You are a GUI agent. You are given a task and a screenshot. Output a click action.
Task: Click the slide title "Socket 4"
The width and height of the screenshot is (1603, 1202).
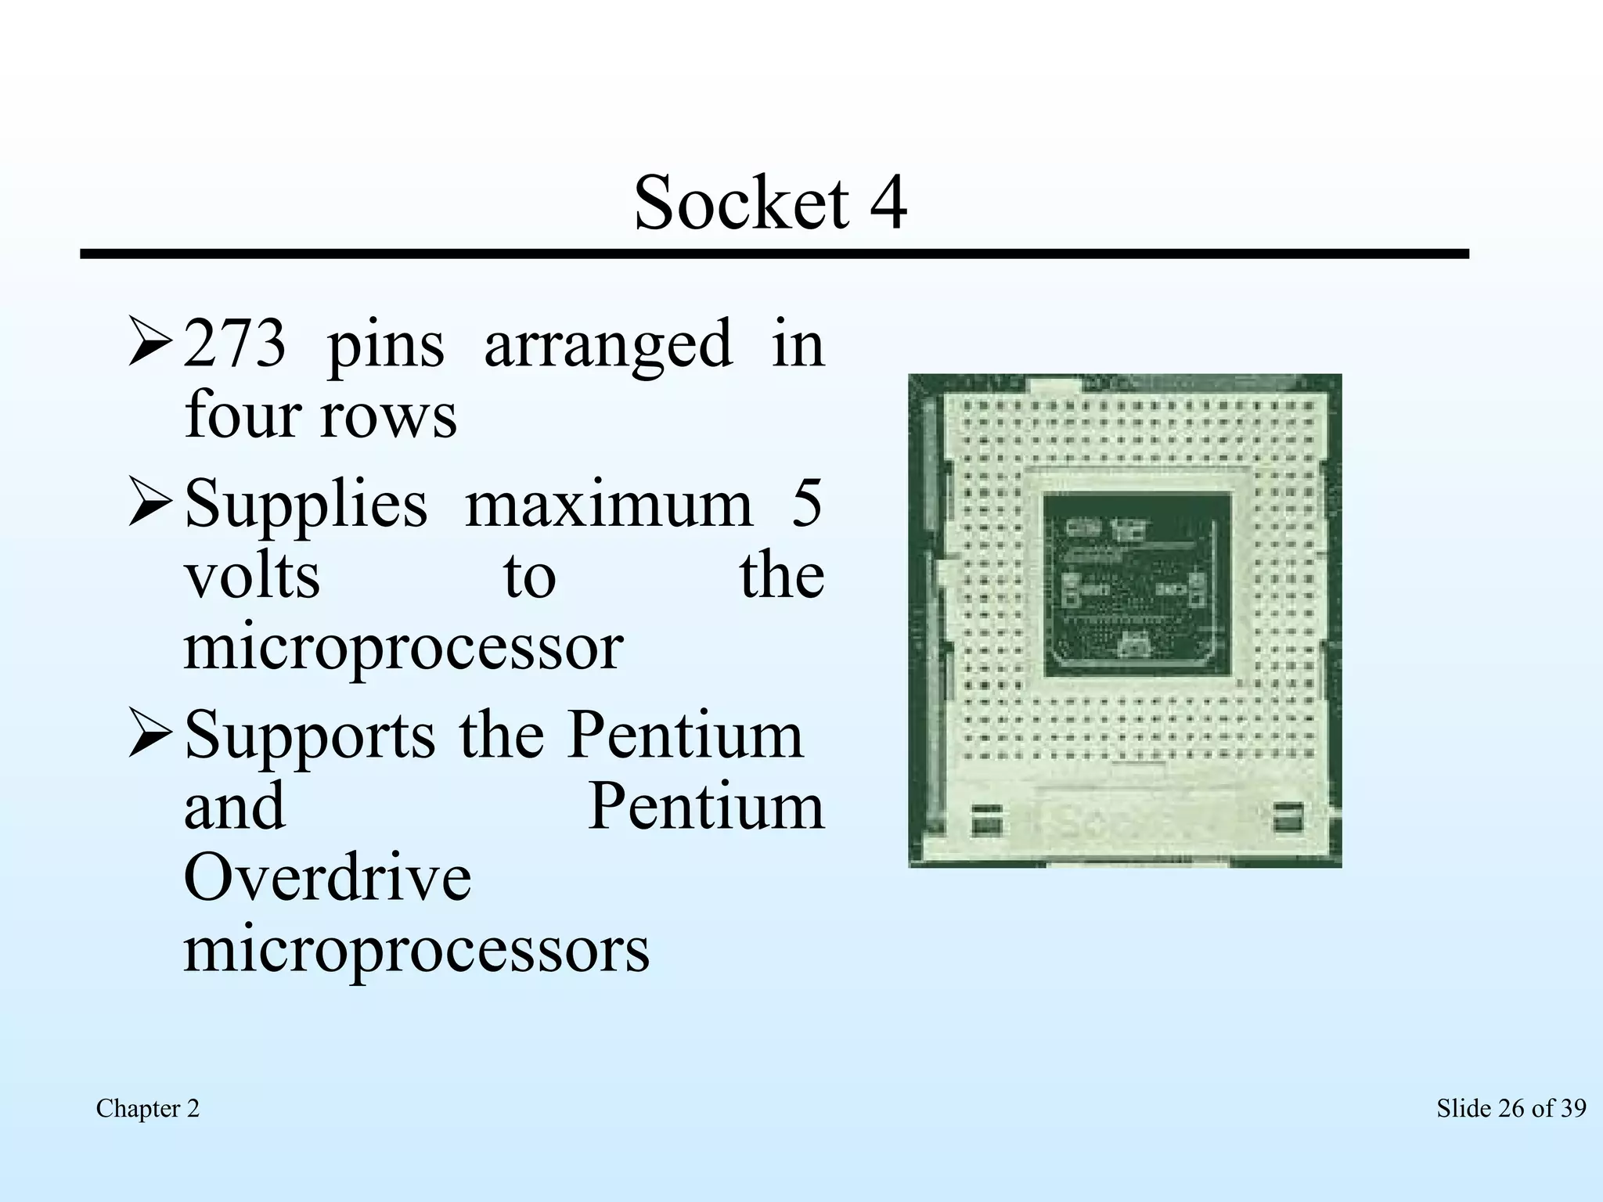pyautogui.click(x=770, y=203)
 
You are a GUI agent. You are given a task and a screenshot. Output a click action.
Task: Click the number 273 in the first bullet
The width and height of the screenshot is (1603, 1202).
pyautogui.click(x=234, y=344)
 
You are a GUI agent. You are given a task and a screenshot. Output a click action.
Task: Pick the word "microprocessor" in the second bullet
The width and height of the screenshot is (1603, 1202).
pyautogui.click(x=403, y=650)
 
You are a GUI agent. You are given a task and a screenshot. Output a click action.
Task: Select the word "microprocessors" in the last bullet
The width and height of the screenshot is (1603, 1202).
pyautogui.click(x=416, y=950)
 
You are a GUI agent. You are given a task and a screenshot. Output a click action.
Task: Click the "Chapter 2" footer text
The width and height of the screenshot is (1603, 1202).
pyautogui.click(x=148, y=1108)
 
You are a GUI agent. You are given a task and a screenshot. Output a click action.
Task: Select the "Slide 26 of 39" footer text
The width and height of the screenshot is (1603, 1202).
pyautogui.click(x=1511, y=1108)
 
